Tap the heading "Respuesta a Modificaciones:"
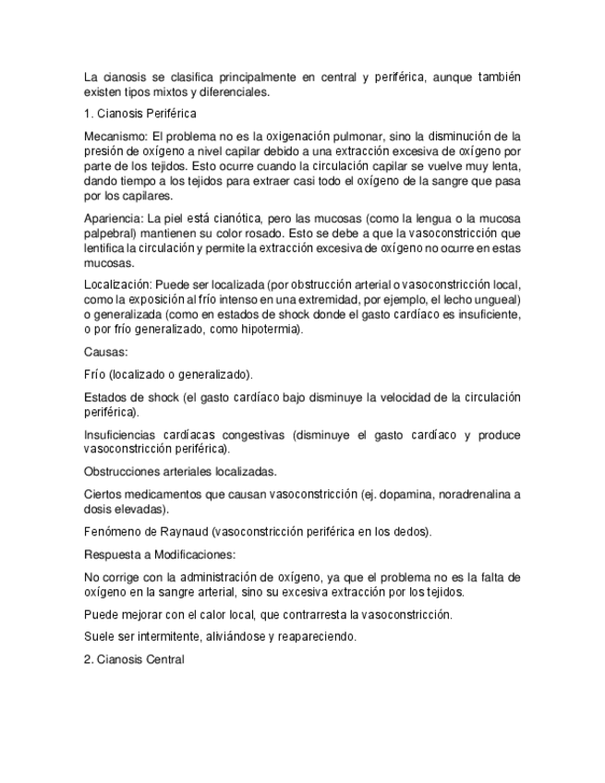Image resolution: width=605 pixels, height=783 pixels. click(159, 555)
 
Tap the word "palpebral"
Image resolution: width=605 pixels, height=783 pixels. click(111, 235)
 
